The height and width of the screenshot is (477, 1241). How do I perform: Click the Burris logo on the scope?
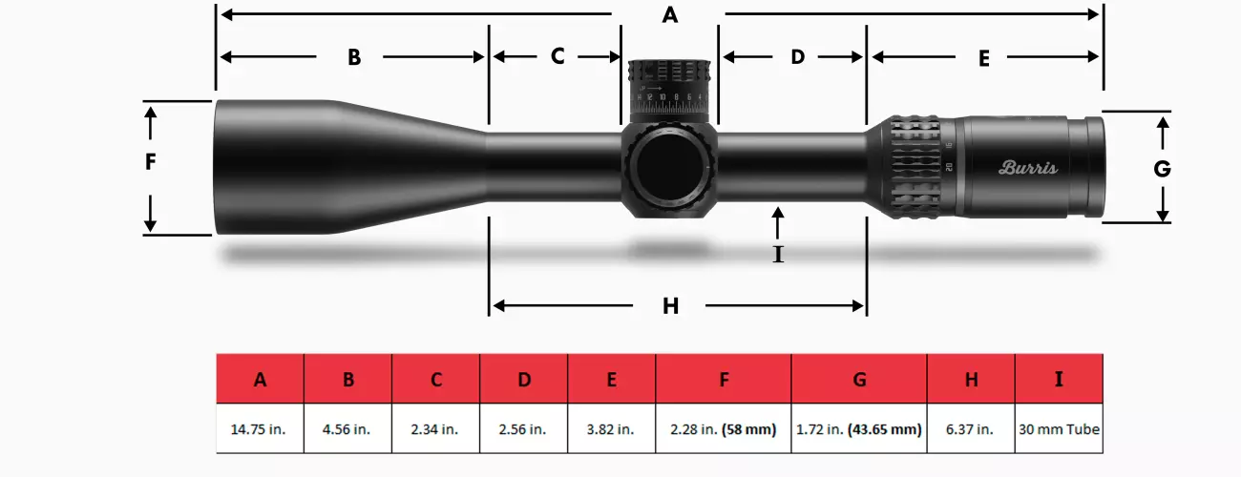(1028, 168)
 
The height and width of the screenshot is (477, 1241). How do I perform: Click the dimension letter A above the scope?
(670, 15)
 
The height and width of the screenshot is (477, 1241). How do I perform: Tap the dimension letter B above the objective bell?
(354, 57)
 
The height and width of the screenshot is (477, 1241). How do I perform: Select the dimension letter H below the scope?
(671, 306)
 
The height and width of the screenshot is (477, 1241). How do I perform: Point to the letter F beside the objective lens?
(150, 163)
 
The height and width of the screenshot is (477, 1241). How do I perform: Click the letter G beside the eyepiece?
(1162, 170)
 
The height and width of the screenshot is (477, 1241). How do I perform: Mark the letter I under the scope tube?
(778, 255)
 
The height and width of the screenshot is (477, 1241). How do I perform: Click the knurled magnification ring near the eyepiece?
(916, 167)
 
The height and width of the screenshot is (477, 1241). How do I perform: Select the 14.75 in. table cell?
(260, 429)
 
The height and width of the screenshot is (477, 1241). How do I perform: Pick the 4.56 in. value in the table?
(347, 429)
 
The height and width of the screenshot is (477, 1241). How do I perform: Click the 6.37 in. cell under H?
(970, 429)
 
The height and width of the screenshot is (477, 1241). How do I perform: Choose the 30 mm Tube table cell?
(1059, 429)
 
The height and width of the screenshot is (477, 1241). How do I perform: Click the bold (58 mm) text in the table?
(750, 429)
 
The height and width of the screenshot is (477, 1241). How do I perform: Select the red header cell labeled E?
(611, 379)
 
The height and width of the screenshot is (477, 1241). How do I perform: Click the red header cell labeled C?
(435, 379)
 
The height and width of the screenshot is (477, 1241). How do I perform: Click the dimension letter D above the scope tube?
(798, 57)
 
